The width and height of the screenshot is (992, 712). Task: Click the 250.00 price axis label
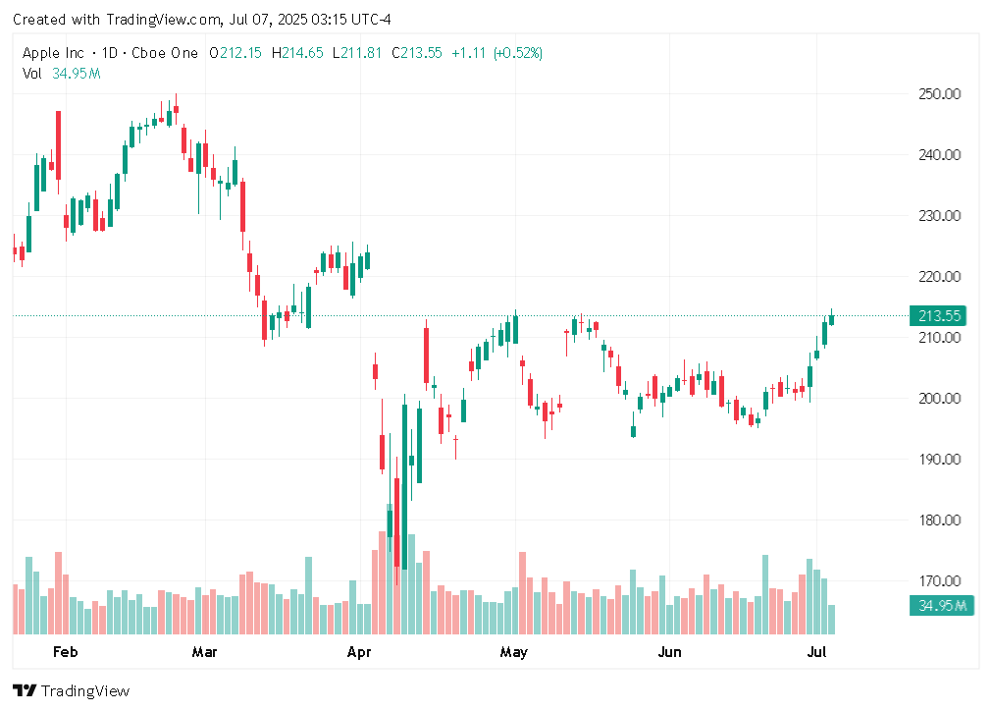937,94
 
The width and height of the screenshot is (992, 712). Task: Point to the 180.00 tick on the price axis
937,520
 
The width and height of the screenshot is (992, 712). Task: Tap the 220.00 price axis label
937,277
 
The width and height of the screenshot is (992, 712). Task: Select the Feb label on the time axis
65,652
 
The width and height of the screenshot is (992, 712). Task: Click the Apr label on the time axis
360,652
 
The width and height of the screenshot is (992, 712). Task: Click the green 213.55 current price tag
939,316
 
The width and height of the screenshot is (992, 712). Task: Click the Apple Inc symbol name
55,53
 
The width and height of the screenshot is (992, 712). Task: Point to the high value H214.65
297,53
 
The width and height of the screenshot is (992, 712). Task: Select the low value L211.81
358,53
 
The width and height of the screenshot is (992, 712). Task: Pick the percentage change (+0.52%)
518,53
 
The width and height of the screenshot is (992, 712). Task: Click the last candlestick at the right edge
831,317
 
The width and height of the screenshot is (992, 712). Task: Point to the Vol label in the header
31,73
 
